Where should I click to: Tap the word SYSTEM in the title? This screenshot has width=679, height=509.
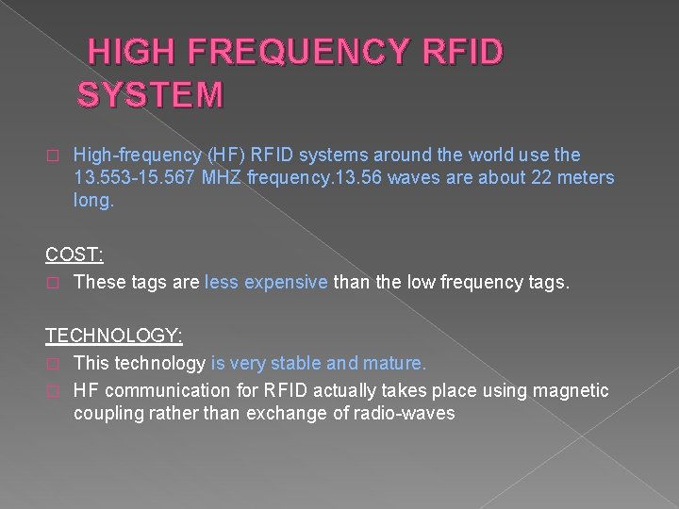click(x=151, y=95)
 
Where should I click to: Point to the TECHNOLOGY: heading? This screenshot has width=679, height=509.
click(x=114, y=336)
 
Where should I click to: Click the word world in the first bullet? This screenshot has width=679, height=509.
click(x=478, y=155)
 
